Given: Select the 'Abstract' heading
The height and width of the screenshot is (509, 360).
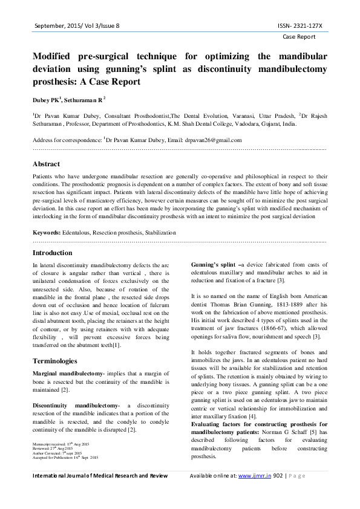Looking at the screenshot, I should (x=46, y=164).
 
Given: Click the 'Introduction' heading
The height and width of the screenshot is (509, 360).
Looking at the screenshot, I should (x=52, y=253).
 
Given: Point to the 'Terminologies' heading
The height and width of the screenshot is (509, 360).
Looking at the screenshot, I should (x=54, y=360).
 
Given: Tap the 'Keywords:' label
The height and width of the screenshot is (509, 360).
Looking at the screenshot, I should (x=47, y=232).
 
